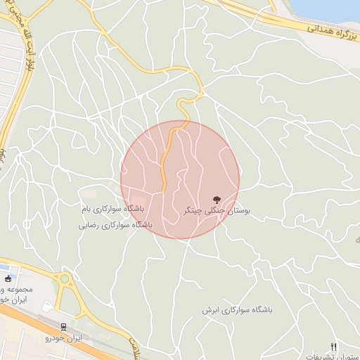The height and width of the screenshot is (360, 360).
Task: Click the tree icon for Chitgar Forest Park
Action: (x=215, y=200)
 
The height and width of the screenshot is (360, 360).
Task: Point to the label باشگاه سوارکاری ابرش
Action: (x=237, y=309)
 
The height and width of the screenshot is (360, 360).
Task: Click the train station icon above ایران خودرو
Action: (x=64, y=327)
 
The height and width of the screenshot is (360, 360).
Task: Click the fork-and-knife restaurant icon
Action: (x=334, y=347)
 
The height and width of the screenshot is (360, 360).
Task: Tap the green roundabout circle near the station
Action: (x=65, y=278)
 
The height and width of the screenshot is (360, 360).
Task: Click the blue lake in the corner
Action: (x=330, y=8)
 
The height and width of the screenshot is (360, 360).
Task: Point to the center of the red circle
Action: (x=180, y=179)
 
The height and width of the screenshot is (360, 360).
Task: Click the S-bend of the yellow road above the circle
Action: (x=184, y=109)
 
